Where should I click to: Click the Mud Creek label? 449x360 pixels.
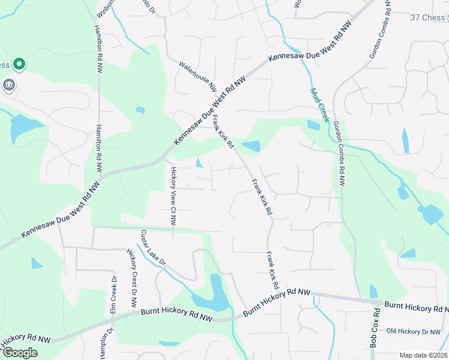tap(320, 106)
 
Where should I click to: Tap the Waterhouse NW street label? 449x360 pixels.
tap(197, 76)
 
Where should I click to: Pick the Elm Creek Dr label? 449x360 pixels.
tap(113, 295)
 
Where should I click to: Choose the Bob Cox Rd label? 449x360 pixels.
tap(374, 328)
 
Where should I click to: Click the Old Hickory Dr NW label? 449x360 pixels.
tap(414, 331)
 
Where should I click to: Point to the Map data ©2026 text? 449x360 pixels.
tap(423, 355)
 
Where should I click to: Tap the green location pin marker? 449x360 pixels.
tap(19, 63)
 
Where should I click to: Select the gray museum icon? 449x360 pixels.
tap(9, 85)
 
